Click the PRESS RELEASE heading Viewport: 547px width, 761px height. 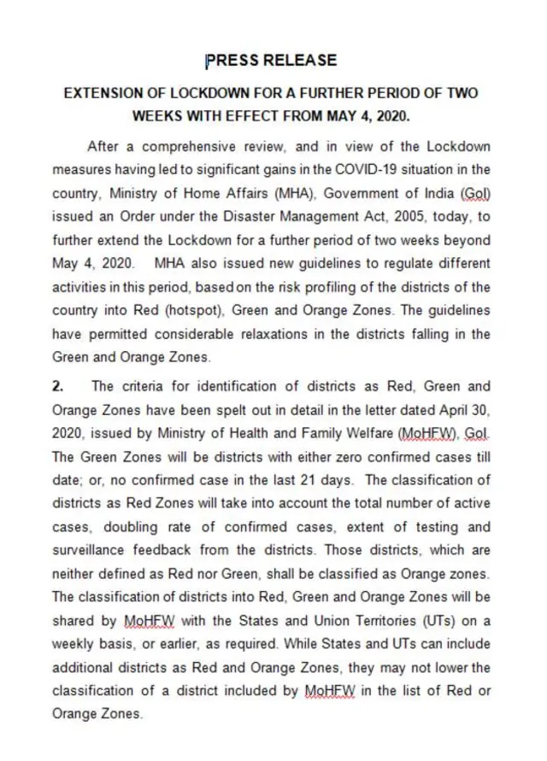[x=272, y=61]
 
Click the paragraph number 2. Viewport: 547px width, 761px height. [x=57, y=387]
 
